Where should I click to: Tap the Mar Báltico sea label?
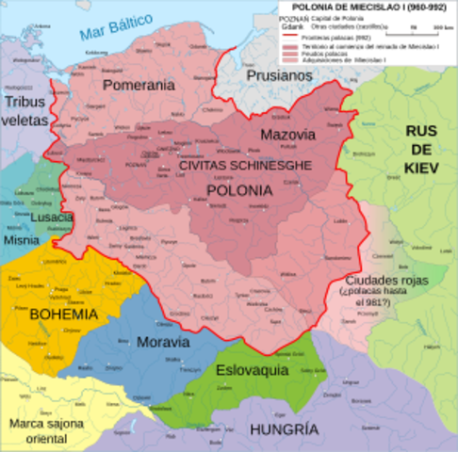[117, 31]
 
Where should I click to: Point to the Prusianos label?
[278, 75]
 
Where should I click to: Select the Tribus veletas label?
[25, 110]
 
